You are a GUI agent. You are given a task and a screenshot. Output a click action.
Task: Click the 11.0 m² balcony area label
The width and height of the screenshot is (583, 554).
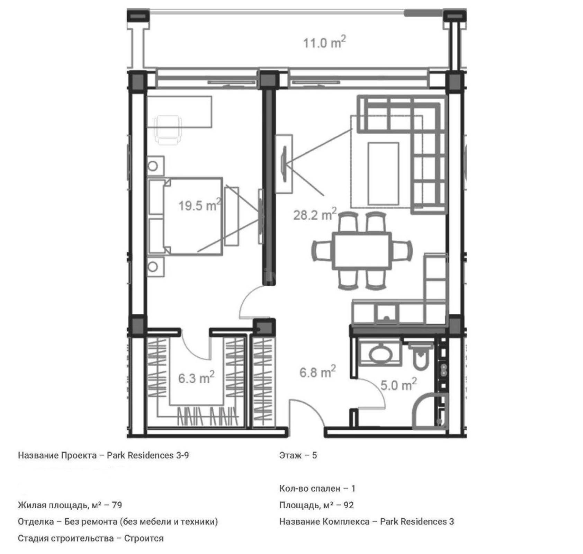coord(324,43)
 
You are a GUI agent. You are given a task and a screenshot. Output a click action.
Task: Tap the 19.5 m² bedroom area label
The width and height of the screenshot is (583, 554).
coord(199,205)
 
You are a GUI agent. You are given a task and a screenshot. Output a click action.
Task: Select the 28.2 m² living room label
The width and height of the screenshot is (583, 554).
coord(314,215)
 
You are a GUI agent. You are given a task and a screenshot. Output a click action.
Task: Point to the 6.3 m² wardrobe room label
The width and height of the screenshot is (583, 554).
coord(196,378)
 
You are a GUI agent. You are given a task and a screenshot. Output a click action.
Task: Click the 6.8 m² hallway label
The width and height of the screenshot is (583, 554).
coord(317,372)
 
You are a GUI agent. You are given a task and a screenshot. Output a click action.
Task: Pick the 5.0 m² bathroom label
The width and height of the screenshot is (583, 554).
coord(398,385)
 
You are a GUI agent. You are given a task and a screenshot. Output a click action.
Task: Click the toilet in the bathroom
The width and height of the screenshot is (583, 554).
coord(420,357)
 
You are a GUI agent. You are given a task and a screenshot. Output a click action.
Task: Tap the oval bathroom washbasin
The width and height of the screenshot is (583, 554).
coord(380,354)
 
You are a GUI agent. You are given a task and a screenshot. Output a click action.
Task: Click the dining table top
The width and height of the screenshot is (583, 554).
coord(362,250)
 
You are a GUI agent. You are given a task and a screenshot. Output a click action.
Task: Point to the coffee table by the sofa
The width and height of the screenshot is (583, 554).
coord(383,173)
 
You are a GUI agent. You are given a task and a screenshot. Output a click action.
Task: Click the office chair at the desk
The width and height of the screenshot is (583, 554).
coord(168,129)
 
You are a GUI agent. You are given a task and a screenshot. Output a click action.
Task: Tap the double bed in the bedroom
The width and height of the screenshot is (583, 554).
coord(185,216)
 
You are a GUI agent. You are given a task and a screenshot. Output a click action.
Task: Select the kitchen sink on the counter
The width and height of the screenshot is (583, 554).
coord(386,314)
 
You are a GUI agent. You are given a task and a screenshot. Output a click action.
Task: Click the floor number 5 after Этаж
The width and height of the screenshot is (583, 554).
coord(314,455)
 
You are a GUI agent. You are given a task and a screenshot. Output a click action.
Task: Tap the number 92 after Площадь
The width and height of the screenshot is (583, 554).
coord(349,505)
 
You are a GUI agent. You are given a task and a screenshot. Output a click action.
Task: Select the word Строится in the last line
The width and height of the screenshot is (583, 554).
coord(144,538)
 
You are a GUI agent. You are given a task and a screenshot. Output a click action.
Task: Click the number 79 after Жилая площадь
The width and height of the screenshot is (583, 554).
coord(117,505)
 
